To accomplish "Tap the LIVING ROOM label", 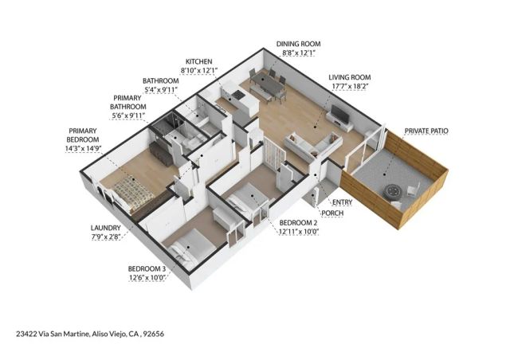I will pyautogui.click(x=350, y=78).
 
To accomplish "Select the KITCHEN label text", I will pyautogui.click(x=198, y=62).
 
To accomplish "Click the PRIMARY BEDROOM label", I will pyautogui.click(x=83, y=135).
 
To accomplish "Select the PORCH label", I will pyautogui.click(x=332, y=213).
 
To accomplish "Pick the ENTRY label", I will pyautogui.click(x=342, y=202).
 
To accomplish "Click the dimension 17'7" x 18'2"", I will pyautogui.click(x=350, y=87).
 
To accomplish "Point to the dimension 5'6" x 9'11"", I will pyautogui.click(x=128, y=116).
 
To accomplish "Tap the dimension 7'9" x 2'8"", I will pyautogui.click(x=105, y=237).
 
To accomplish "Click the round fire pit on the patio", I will pyautogui.click(x=392, y=192).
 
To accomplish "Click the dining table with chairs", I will pyautogui.click(x=266, y=82).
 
